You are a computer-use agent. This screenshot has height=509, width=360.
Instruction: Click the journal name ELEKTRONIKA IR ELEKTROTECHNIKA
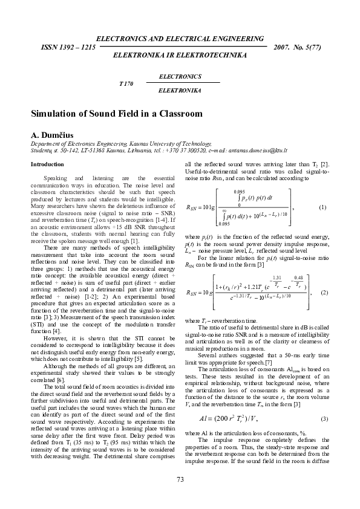180,55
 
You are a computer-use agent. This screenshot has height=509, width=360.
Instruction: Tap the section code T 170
125,83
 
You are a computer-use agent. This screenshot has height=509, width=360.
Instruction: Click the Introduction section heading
47,164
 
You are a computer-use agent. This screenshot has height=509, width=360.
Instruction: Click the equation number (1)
322,207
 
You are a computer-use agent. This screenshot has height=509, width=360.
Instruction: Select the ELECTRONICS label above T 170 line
180,77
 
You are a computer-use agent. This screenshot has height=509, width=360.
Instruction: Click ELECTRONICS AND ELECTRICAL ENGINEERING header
180,38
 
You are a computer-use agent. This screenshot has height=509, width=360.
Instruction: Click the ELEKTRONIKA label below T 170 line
179,89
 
